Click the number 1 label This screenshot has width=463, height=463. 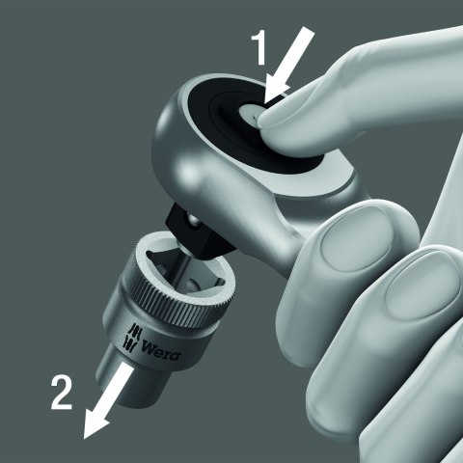(x=259, y=47)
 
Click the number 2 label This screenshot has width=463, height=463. (x=62, y=393)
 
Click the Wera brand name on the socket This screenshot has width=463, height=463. (x=161, y=351)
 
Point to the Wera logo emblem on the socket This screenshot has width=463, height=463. (x=131, y=337)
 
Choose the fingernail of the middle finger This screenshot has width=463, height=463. (x=418, y=289)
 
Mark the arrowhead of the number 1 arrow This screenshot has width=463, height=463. (x=277, y=91)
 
